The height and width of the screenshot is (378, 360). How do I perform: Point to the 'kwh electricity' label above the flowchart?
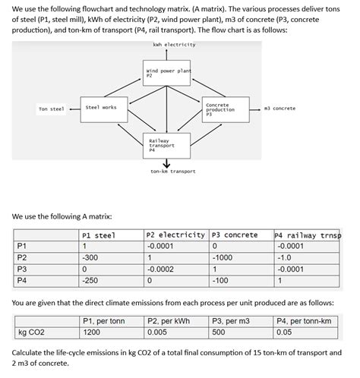click(173, 45)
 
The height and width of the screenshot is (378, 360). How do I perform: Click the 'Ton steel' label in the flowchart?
click(52, 109)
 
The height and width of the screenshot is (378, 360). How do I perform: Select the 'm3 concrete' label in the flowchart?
click(279, 109)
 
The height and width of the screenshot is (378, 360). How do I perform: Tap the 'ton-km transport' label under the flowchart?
click(173, 172)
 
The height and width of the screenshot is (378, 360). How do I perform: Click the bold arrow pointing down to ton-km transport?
click(166, 164)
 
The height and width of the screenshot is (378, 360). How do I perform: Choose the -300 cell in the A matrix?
click(91, 257)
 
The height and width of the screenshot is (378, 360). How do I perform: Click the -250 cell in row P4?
click(91, 280)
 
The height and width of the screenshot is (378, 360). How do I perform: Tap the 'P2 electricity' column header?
click(176, 235)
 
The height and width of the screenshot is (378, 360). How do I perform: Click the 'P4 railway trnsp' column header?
click(307, 235)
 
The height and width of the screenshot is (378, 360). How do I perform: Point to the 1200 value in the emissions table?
click(93, 332)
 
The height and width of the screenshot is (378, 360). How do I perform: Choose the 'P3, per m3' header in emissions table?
click(231, 321)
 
